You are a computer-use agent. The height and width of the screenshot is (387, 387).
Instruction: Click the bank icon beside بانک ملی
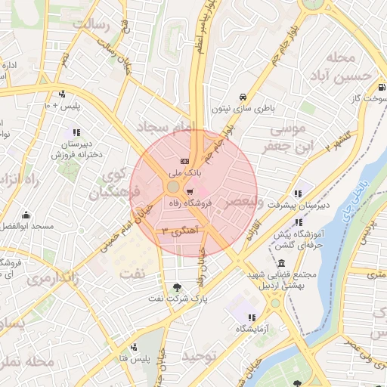(184, 162)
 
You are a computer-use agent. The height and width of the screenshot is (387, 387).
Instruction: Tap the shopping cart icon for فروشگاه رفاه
(190, 191)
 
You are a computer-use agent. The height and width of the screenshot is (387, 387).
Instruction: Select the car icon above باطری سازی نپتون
(241, 98)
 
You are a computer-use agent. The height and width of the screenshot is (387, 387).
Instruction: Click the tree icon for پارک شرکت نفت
(177, 286)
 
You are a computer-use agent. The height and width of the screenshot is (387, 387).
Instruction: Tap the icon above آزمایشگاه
(252, 317)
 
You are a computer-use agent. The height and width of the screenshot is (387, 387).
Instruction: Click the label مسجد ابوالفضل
(26, 226)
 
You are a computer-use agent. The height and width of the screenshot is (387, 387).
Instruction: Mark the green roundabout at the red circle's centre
(174, 186)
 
